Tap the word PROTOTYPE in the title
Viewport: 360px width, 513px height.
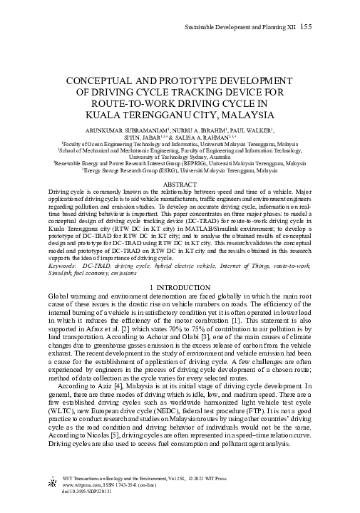coord(180,81)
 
